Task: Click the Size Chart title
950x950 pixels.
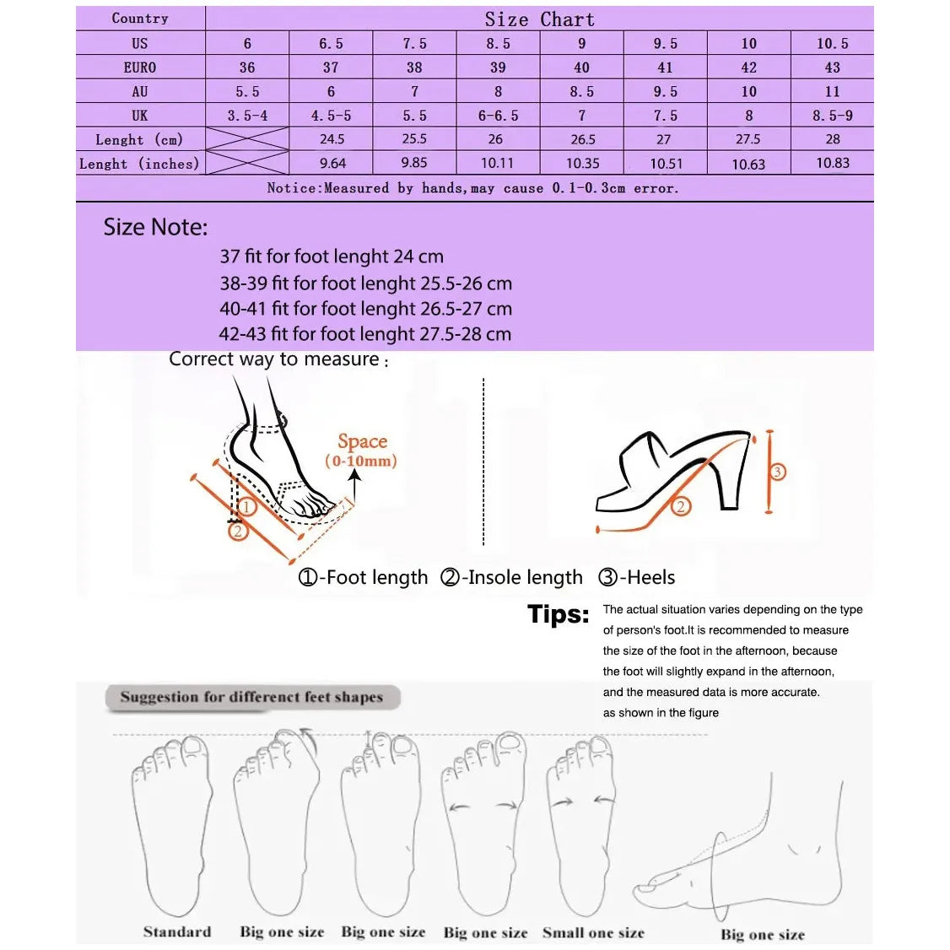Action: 539,19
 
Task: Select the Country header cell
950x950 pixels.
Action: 140,19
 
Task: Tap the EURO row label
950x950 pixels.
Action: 140,67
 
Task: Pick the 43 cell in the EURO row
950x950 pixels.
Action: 832,67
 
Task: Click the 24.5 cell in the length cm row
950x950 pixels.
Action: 332,139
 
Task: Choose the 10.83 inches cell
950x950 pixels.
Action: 832,163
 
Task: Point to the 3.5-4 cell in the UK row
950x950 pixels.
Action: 247,116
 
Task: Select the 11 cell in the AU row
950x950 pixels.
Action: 832,91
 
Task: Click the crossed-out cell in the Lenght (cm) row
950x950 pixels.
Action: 247,139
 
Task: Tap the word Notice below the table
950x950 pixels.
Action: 294,188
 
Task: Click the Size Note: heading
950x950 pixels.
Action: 155,227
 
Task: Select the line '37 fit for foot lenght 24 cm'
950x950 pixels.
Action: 332,256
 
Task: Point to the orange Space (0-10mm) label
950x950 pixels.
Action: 361,450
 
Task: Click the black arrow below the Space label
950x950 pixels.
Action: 355,486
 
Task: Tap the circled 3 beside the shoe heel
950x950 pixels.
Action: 778,472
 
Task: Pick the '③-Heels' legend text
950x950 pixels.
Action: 636,578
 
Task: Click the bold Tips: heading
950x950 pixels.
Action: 558,614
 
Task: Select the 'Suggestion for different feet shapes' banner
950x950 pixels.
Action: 251,698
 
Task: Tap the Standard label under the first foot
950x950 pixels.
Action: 177,932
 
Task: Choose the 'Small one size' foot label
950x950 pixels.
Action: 593,933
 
